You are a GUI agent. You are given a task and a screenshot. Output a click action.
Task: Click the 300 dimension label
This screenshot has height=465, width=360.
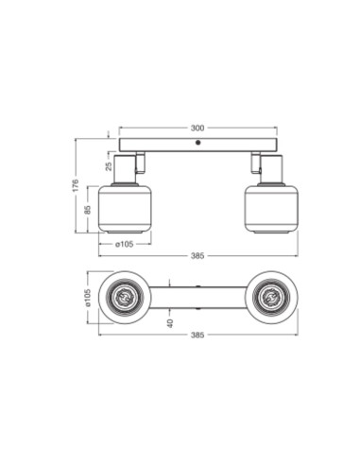coord(197,128)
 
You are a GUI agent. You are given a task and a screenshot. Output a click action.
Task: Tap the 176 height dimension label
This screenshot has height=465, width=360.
coord(75,186)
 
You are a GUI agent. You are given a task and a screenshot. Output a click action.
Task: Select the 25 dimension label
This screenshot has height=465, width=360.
coord(109,166)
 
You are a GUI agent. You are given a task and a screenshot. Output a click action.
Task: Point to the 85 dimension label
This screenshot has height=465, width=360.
coord(88,210)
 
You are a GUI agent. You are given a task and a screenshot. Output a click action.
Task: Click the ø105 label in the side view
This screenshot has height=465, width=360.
coord(125,244)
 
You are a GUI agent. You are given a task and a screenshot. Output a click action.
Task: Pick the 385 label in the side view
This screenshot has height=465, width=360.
coord(197,256)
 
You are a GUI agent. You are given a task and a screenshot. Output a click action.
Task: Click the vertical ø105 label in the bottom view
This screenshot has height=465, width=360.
coord(88,298)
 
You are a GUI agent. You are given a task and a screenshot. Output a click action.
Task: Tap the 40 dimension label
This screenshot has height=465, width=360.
coord(170,323)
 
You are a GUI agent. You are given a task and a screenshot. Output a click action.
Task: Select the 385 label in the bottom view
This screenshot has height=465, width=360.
coord(197,335)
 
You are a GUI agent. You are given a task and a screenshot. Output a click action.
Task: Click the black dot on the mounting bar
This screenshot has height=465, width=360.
coord(197,143)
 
